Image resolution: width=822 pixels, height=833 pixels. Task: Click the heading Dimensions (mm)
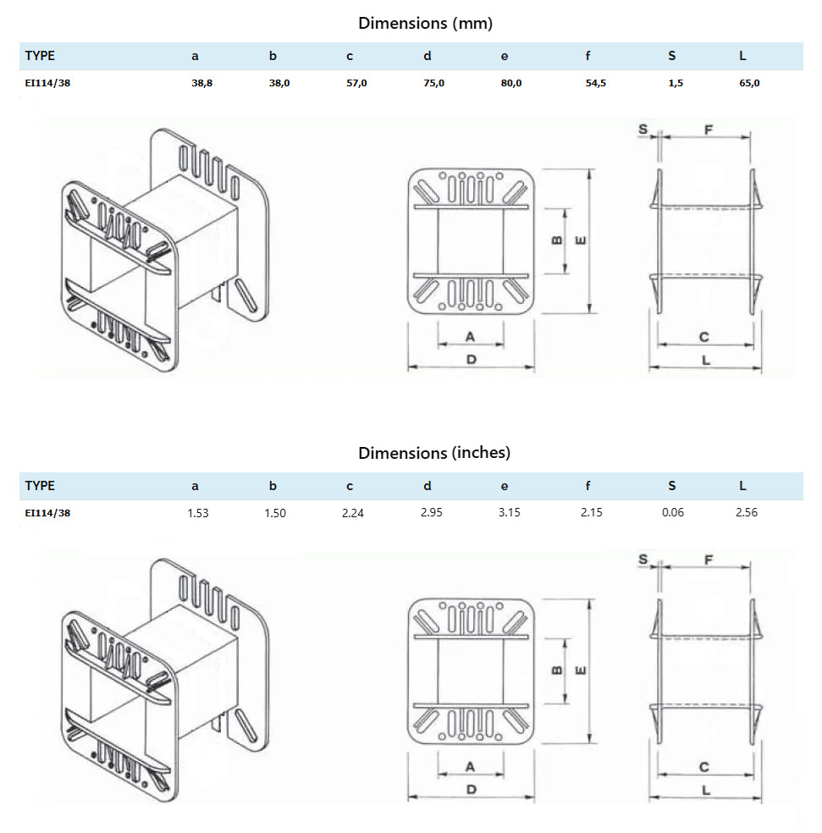click(425, 23)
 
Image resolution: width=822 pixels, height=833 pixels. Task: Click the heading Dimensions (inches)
click(433, 453)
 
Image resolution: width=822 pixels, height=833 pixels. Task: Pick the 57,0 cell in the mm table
click(356, 83)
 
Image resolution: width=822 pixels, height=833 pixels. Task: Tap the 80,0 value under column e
click(511, 83)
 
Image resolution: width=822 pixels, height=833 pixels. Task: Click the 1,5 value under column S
click(675, 83)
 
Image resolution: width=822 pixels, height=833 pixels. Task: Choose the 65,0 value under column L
click(749, 83)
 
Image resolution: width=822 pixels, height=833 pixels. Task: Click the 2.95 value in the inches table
click(431, 512)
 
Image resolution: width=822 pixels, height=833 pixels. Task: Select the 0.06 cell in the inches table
click(674, 512)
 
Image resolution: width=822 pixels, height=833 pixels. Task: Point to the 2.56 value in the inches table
click(747, 512)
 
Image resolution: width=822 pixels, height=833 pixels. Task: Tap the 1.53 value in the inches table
click(197, 512)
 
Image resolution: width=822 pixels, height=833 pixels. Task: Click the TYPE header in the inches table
click(40, 486)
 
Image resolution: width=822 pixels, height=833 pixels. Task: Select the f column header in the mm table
click(588, 57)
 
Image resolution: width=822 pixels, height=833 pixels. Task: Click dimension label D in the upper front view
click(472, 359)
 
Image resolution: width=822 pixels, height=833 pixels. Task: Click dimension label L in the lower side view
click(705, 790)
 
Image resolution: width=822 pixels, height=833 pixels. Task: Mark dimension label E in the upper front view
click(580, 240)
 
